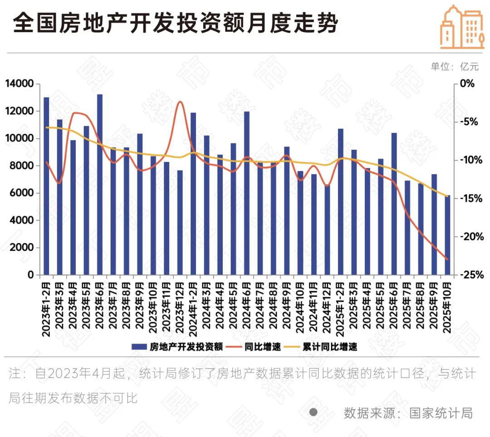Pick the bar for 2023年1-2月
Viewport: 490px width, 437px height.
point(46,186)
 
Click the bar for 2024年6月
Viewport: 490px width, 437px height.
point(247,193)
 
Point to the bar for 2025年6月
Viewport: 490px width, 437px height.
point(394,204)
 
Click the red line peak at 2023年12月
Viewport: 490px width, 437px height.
point(180,102)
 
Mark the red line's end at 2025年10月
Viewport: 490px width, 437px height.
point(447,260)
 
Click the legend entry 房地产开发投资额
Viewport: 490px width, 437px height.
point(177,347)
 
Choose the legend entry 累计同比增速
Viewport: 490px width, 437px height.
point(325,347)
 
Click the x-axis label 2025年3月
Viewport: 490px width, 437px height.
point(354,310)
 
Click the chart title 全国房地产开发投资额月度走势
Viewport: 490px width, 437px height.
point(176,24)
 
